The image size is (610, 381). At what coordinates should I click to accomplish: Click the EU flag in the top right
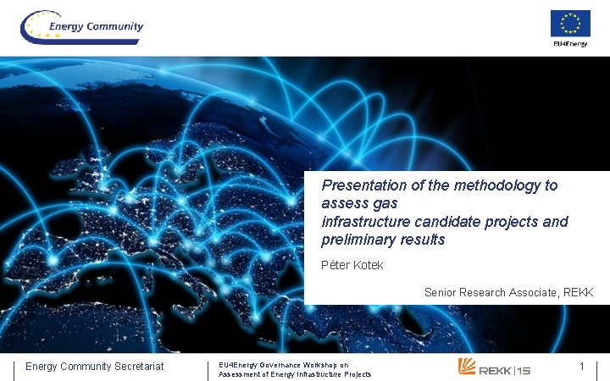(570, 23)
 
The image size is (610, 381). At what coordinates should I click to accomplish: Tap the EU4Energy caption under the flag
(570, 43)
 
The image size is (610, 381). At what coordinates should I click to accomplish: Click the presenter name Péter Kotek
(352, 265)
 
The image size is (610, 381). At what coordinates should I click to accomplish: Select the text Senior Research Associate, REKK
(508, 292)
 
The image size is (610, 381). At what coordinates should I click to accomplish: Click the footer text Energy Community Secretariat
(95, 366)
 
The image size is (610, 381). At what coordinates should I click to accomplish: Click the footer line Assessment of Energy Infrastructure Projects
(295, 373)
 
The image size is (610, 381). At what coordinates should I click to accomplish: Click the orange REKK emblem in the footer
(467, 367)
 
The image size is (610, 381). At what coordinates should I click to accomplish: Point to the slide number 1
(582, 366)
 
